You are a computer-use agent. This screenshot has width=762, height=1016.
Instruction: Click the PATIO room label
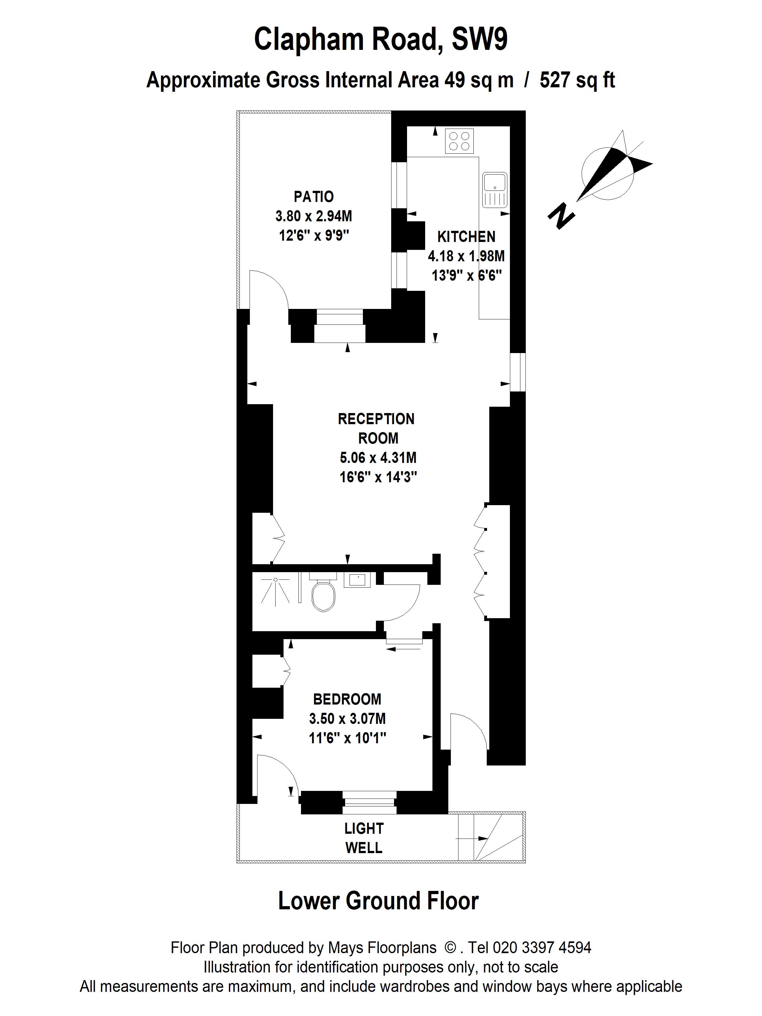coord(314,197)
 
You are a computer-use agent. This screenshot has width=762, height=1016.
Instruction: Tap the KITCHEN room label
coord(466,237)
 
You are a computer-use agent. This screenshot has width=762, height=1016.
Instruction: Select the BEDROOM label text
coord(347,699)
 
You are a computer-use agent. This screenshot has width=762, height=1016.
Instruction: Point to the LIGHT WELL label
coord(364,838)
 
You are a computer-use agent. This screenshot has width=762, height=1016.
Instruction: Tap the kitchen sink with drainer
coord(495,190)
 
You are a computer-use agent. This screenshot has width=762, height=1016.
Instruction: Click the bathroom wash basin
coord(358,580)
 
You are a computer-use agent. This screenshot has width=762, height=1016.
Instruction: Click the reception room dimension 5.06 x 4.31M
coord(378,458)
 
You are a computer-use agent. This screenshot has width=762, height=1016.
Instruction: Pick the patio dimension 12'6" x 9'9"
coord(314,236)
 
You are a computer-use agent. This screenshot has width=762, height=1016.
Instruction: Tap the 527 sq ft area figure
coord(577,80)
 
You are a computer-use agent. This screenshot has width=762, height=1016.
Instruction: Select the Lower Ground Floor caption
coord(378,901)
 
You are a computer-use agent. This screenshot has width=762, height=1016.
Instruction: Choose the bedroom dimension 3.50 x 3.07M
coord(347,719)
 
